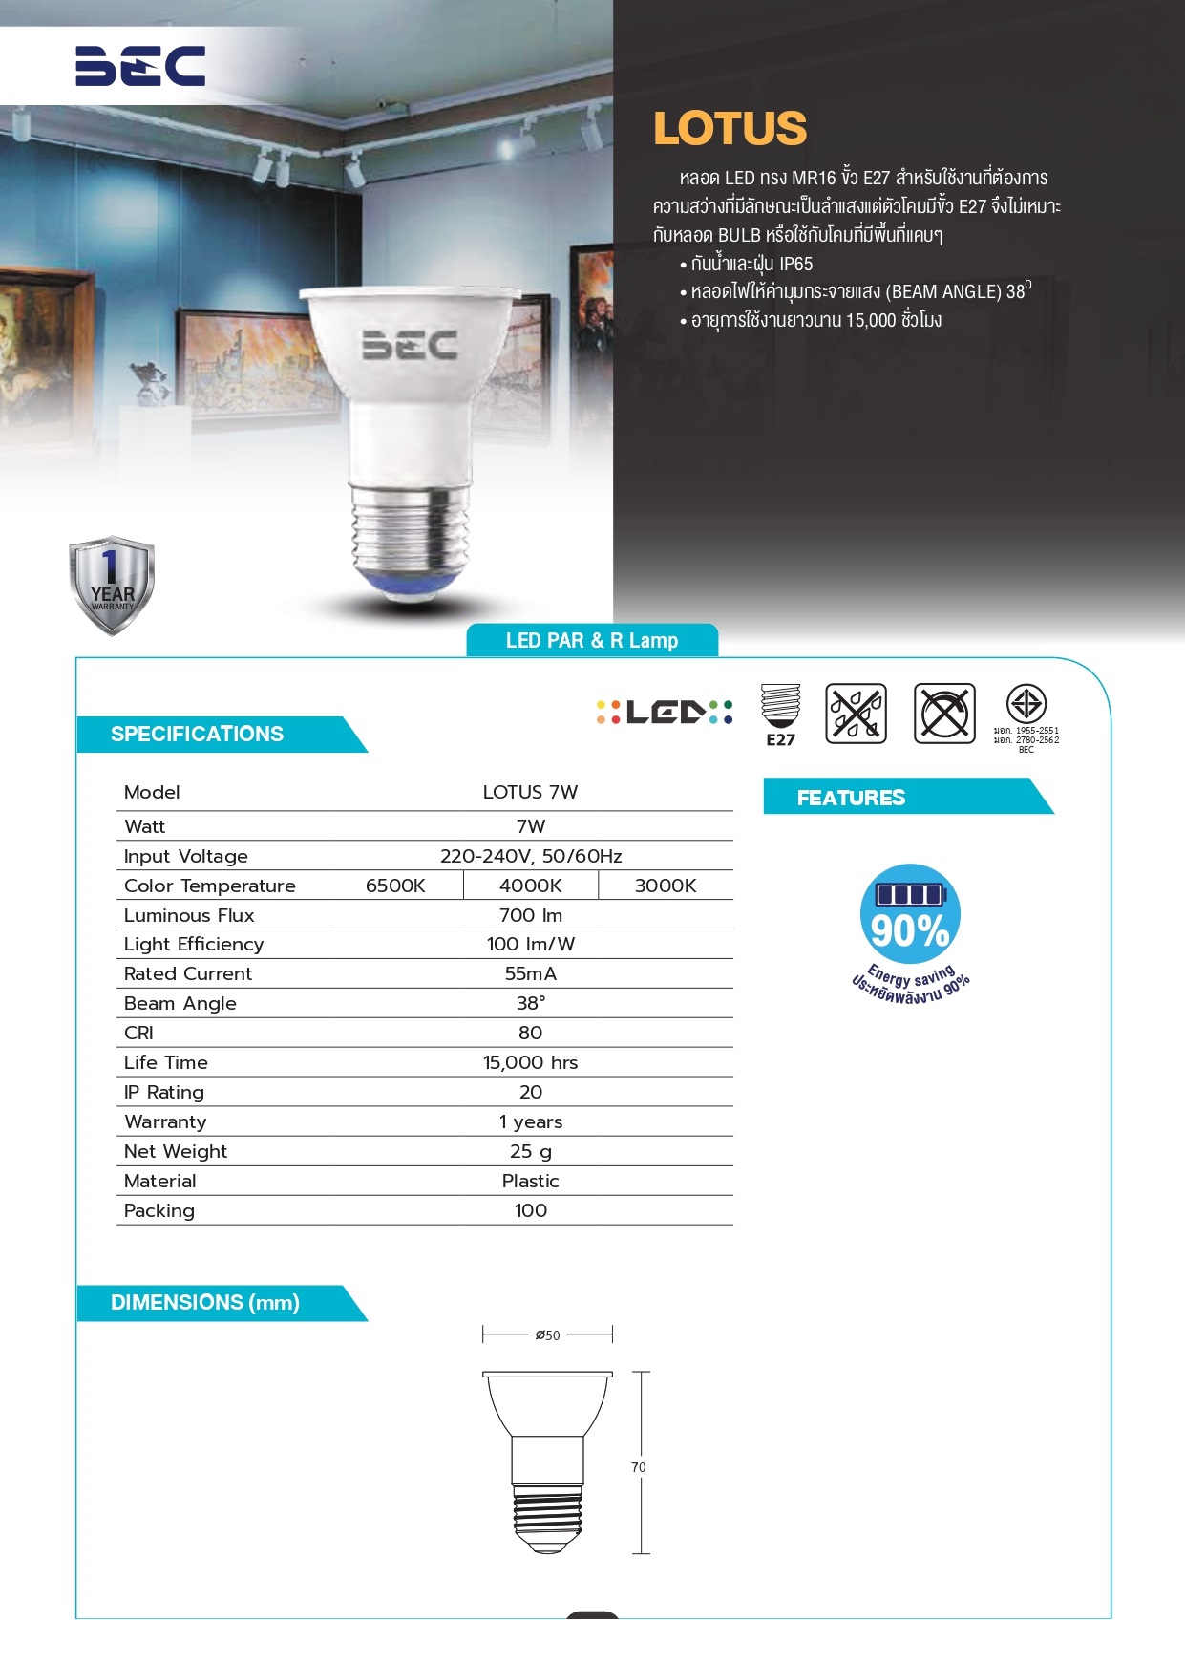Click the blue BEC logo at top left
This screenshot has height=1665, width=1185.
coord(140,66)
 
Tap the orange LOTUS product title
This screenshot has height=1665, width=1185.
coord(730,129)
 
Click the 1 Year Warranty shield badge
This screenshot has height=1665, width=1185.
coord(112,585)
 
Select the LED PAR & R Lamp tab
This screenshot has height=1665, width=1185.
coord(592,641)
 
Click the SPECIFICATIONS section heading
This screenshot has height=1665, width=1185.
coord(198,735)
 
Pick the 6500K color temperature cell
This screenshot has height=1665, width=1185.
coord(395,886)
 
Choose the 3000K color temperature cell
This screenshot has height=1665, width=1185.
coord(666,886)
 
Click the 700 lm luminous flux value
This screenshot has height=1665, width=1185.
coord(531,915)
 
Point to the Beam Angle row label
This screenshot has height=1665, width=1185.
coord(180,1003)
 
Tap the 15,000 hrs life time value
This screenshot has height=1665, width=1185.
coord(531,1062)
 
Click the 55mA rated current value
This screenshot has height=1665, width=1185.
coord(531,973)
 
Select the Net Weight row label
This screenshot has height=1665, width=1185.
coord(176,1151)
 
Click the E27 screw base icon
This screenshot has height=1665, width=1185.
coord(780,714)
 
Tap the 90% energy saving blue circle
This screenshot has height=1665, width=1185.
coord(910,915)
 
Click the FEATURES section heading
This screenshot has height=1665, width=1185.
coord(852,798)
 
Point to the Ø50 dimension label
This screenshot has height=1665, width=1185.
coord(548,1335)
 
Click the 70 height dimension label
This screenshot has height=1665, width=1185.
coord(639,1467)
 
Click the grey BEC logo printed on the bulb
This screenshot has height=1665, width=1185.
coord(410,345)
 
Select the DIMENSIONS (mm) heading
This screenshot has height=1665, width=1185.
coord(205,1303)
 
